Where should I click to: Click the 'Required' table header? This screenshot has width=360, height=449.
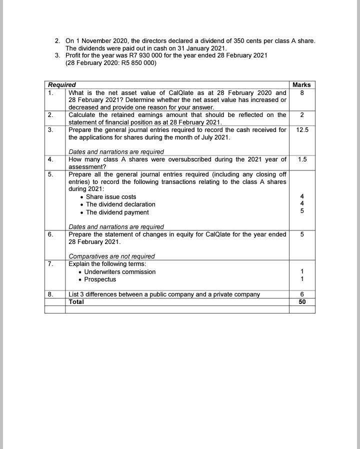tap(62, 85)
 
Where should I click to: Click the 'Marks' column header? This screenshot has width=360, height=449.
tap(301, 85)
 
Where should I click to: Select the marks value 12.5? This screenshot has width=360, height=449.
tap(302, 130)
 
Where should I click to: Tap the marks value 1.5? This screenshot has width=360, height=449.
tap(302, 159)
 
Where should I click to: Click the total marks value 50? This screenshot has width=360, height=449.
tap(302, 302)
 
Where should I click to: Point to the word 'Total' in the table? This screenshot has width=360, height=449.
tap(76, 302)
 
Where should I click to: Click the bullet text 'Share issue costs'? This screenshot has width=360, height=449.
tap(111, 197)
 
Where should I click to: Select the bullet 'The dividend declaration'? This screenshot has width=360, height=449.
tap(120, 204)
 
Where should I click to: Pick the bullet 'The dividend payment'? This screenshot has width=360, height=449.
tap(117, 212)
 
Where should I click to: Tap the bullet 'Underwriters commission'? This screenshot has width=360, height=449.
tap(120, 272)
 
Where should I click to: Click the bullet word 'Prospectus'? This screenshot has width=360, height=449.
tap(100, 279)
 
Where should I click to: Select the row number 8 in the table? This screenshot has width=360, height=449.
tap(50, 294)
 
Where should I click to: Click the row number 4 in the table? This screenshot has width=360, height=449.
tap(50, 159)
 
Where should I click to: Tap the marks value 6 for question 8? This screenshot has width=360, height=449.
tap(302, 294)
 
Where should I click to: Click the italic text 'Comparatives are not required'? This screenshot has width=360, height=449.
tap(111, 256)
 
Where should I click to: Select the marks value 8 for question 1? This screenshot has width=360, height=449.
tap(302, 92)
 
